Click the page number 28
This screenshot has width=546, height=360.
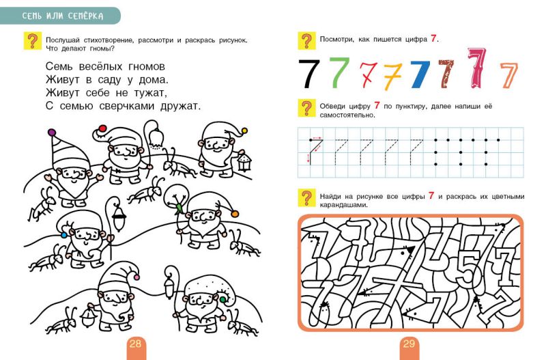(x=135, y=344)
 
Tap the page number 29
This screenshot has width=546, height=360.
(x=409, y=344)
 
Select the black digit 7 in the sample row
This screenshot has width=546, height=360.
(x=311, y=74)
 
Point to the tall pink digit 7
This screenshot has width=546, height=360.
(x=477, y=68)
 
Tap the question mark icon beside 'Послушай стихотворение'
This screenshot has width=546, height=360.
(x=31, y=42)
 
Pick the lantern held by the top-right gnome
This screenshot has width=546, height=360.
(x=245, y=161)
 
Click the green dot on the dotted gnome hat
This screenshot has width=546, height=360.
(x=221, y=298)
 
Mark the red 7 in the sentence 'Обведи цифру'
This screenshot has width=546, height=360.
(x=377, y=106)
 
